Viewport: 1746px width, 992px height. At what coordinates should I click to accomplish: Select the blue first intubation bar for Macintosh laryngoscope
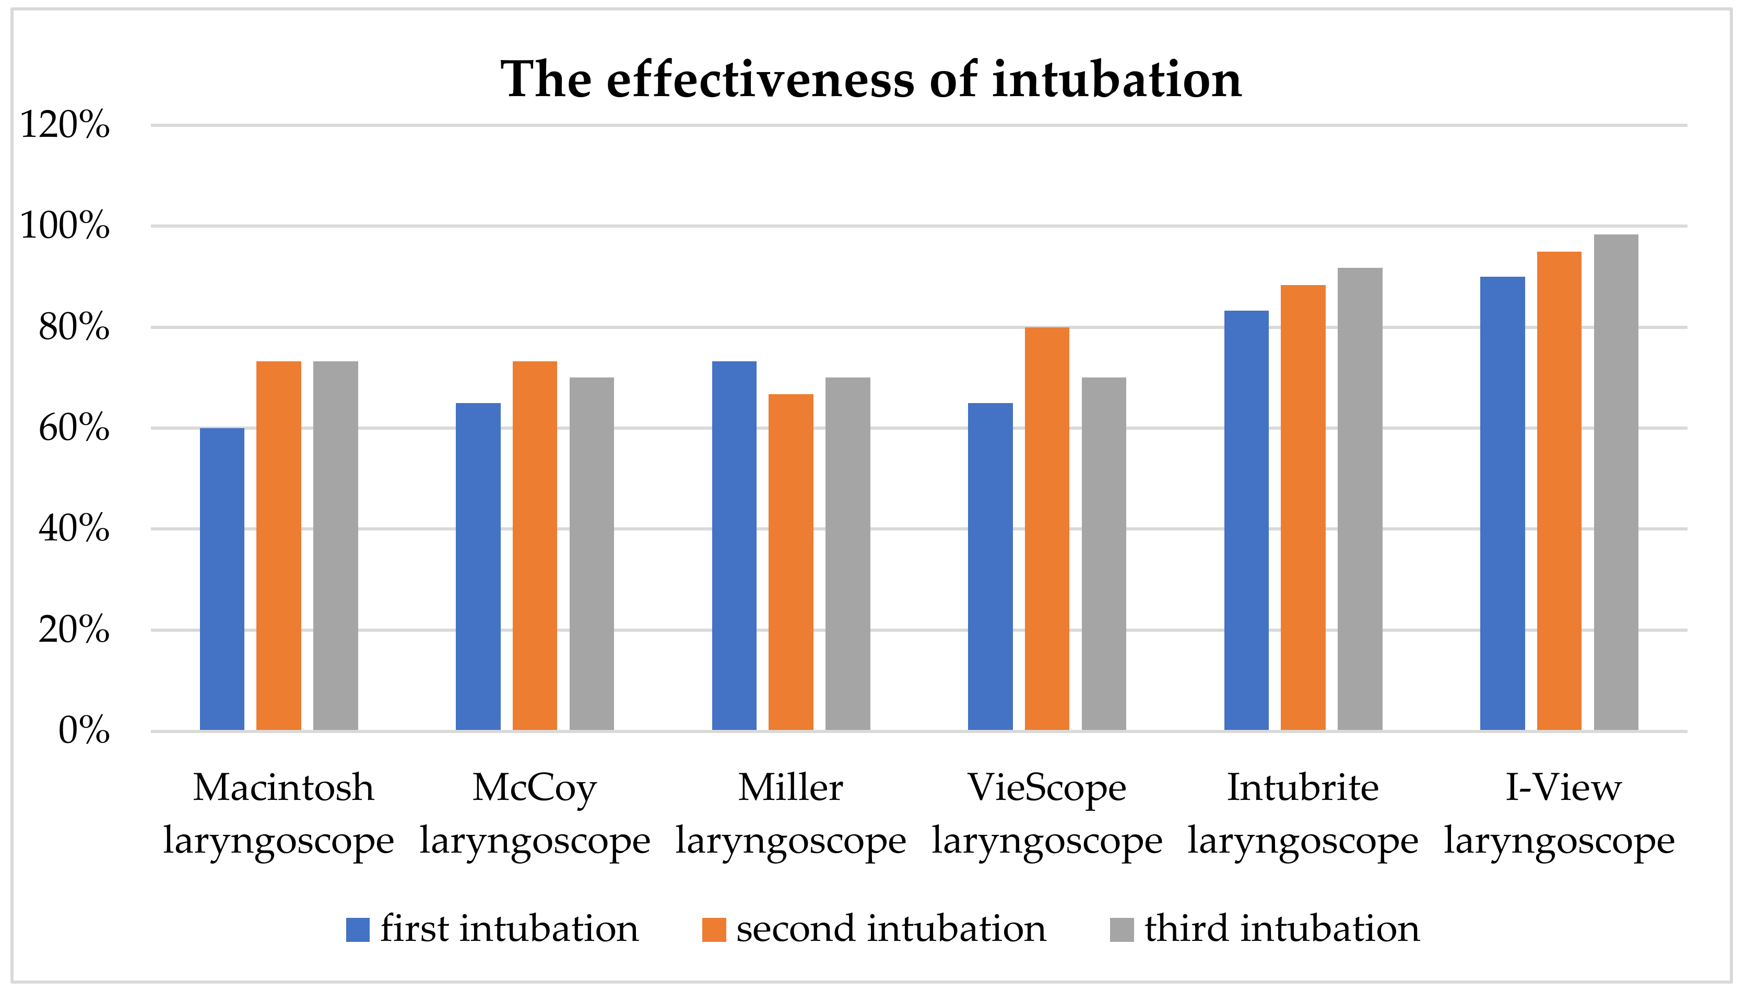pos(222,579)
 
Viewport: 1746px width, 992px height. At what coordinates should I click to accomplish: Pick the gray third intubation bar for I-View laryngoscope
pos(1616,482)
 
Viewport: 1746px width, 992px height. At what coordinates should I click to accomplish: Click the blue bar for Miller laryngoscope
pos(734,546)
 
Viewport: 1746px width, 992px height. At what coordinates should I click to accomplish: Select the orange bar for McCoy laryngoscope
pos(535,546)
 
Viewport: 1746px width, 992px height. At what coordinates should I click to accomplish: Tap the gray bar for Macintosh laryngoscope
pos(335,546)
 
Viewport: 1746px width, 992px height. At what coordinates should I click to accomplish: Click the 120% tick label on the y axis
pos(65,125)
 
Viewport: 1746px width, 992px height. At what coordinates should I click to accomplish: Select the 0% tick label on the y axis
pos(83,730)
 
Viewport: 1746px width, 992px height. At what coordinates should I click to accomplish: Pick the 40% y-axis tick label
pos(74,529)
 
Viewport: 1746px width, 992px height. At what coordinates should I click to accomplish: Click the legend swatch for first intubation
pos(358,929)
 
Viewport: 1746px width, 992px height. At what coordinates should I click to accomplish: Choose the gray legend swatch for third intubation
pos(1122,929)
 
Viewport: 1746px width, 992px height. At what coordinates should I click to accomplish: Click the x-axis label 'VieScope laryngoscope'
pos(1047,813)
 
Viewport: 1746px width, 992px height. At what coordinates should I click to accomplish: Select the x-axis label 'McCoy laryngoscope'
pos(535,813)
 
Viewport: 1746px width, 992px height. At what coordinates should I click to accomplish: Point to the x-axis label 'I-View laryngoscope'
pos(1560,813)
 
